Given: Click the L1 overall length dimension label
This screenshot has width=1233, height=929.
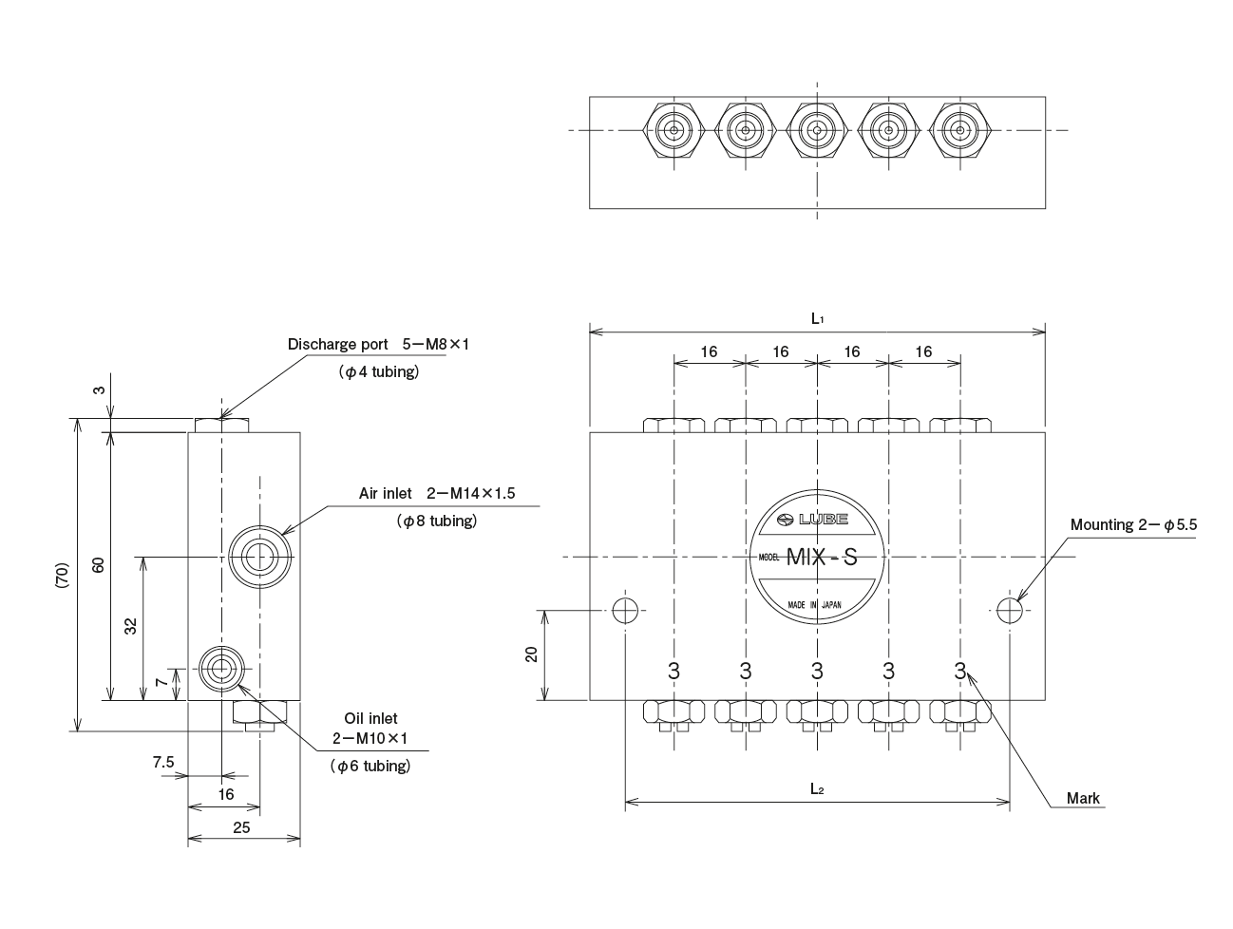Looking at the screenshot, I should pos(817,320).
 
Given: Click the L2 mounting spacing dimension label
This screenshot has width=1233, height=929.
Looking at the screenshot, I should pos(817,787).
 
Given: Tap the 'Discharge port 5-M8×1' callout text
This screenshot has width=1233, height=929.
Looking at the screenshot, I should pos(378,344).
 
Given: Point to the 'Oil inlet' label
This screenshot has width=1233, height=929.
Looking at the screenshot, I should pos(370,719).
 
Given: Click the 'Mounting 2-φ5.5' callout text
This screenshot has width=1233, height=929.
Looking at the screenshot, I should pos(1132,524).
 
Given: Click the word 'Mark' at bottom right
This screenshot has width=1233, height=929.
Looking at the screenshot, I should pos(1083,798).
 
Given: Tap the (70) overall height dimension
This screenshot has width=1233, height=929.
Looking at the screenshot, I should pos(62,574).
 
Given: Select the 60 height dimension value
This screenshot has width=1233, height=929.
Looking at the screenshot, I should pos(97,564).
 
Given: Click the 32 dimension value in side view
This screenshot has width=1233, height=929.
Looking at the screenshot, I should pos(131,626).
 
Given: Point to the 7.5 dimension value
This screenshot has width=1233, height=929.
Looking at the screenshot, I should pos(163,762).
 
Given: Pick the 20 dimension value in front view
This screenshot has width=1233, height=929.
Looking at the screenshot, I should pos(532,654).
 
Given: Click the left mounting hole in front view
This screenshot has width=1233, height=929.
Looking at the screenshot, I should pos(625,609).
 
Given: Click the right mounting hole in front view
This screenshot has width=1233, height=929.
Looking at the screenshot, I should pos(1010,609).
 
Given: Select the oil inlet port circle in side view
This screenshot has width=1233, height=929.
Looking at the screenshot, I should pos(221,669).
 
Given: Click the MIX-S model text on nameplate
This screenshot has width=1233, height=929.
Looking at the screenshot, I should pos(821,558).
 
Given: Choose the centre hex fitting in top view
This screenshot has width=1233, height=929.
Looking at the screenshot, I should pos(817,130).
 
